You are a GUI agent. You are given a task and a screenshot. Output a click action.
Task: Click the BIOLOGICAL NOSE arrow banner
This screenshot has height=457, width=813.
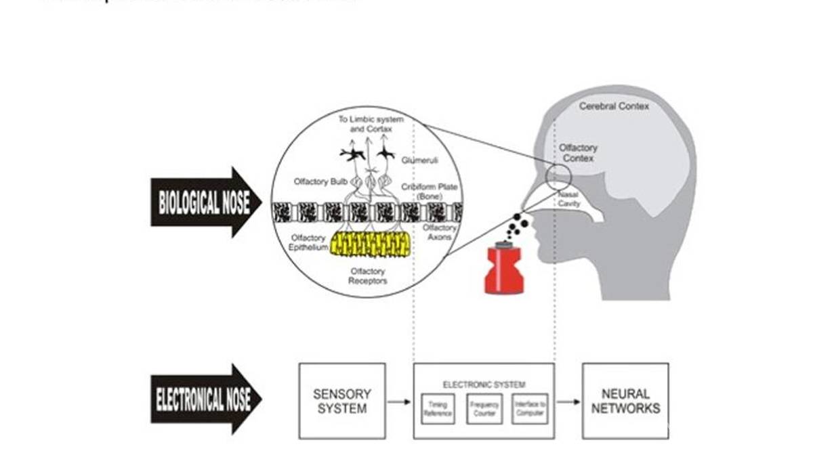click(203, 202)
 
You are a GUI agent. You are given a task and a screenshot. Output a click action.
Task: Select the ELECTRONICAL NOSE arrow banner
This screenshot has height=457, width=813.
click(203, 399)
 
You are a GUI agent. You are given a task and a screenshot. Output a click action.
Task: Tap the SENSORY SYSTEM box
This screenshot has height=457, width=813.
click(342, 401)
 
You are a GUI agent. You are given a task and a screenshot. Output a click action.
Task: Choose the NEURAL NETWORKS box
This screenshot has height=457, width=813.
click(625, 401)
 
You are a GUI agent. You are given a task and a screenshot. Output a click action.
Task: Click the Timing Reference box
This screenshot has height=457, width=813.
click(438, 408)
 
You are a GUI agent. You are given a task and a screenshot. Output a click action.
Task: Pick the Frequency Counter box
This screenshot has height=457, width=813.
click(484, 408)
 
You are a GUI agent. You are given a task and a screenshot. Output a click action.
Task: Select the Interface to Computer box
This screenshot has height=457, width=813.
click(529, 408)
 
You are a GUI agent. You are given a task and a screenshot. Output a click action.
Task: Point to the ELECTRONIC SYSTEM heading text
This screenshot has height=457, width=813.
click(484, 385)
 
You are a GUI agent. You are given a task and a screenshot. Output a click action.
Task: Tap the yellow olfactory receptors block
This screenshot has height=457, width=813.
click(369, 244)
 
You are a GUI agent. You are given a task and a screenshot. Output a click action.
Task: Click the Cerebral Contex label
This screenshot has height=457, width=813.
click(614, 106)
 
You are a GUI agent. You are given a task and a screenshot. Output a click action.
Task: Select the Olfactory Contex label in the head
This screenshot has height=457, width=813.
click(577, 153)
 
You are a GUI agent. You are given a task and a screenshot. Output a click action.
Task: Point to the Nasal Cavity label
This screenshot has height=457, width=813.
click(568, 199)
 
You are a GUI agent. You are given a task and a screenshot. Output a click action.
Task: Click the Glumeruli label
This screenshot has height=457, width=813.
click(419, 160)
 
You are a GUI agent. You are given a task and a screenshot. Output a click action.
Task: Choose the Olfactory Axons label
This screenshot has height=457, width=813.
click(440, 232)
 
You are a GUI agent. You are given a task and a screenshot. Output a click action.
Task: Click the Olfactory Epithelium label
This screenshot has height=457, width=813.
click(309, 243)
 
